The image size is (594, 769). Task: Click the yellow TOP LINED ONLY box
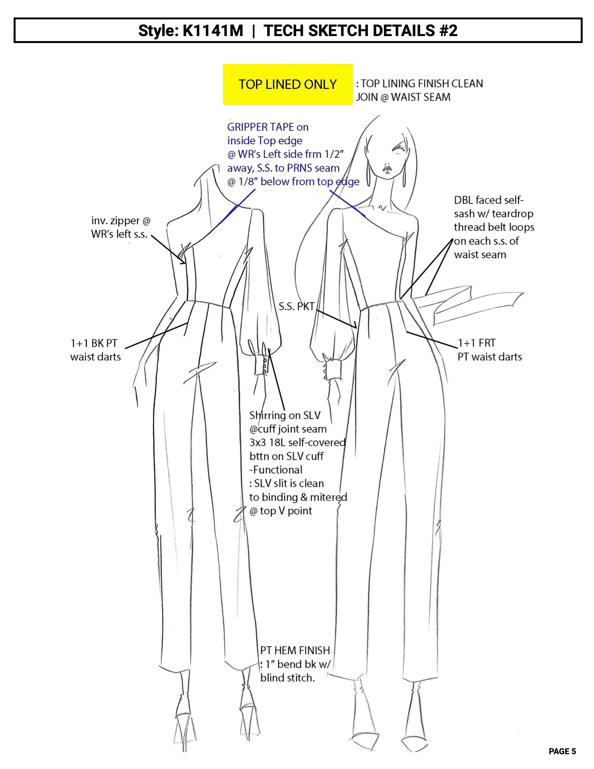coord(288,84)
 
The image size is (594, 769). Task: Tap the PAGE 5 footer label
coord(562,751)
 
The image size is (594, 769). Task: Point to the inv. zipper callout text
coord(120,227)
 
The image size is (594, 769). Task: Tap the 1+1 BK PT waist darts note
coord(95,350)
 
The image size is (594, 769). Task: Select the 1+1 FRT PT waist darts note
coord(489,350)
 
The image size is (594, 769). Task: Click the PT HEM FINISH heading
coord(295,650)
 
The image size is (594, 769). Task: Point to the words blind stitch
coord(287,678)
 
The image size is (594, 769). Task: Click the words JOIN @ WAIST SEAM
coord(403,97)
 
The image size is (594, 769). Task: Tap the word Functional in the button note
coord(278,470)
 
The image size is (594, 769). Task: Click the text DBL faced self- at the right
coord(489,200)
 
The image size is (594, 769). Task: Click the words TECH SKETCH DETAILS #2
coord(360,30)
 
